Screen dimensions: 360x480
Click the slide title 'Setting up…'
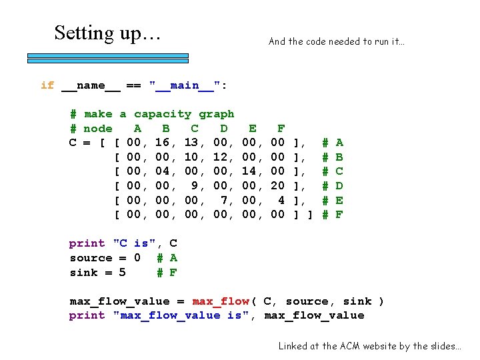tap(107, 33)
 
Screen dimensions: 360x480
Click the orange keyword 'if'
tap(47, 85)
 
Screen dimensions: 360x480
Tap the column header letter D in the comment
tap(224, 128)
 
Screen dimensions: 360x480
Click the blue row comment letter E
tap(339, 200)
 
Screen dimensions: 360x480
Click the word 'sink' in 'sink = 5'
tap(84, 272)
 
